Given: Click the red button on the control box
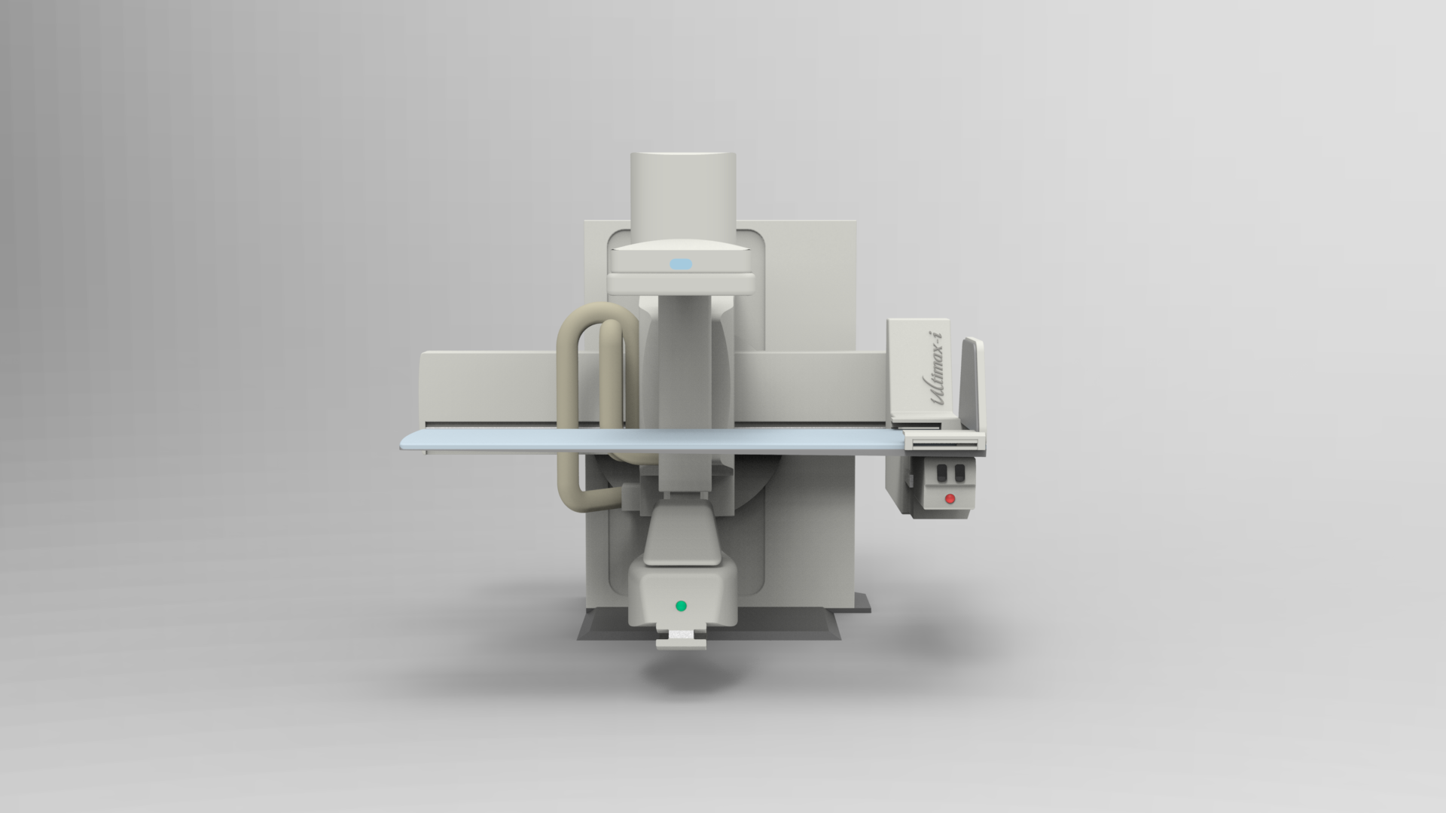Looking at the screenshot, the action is click(950, 498).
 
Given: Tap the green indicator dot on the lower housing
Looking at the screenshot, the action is click(681, 605).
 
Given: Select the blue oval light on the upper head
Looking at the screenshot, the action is click(680, 263).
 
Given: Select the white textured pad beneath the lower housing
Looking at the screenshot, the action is click(682, 635).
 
